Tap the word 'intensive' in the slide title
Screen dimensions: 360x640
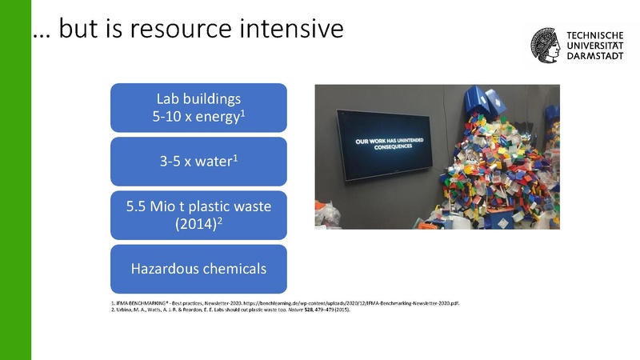(296, 30)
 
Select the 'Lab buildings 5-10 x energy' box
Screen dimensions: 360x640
(198, 108)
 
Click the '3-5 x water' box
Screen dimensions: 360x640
(198, 161)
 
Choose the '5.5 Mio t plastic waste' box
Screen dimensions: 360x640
(198, 214)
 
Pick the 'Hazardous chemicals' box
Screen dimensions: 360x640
(198, 266)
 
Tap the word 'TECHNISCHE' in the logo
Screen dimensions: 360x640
(596, 37)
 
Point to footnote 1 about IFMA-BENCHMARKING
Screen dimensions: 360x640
(280, 305)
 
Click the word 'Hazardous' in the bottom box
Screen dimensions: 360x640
(164, 266)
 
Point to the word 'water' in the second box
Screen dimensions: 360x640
(214, 162)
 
